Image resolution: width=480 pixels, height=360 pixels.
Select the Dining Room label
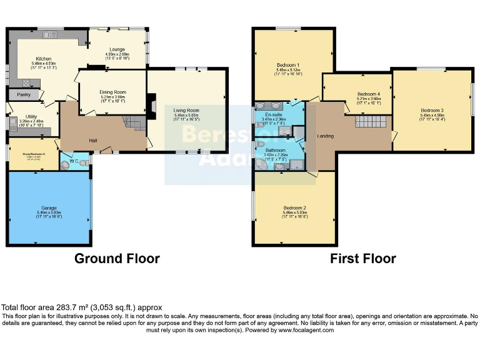(x=113, y=92)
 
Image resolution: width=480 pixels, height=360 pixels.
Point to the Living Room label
(x=186, y=110)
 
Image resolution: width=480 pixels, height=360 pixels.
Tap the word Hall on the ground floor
(x=92, y=139)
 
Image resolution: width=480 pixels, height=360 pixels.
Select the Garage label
(x=49, y=207)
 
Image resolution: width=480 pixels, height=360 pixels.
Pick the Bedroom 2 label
(x=294, y=207)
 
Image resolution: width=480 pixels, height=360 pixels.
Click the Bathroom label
(x=275, y=151)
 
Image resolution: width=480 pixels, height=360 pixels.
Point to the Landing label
(x=325, y=136)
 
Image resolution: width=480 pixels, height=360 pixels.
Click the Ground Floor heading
(x=117, y=258)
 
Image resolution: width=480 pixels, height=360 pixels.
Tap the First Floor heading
(x=363, y=258)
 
